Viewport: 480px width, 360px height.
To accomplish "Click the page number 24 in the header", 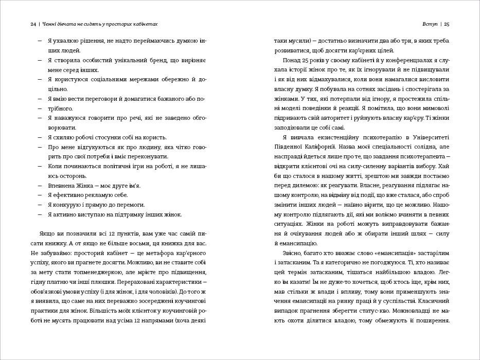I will [33, 24].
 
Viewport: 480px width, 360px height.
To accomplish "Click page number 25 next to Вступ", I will [447, 24].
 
